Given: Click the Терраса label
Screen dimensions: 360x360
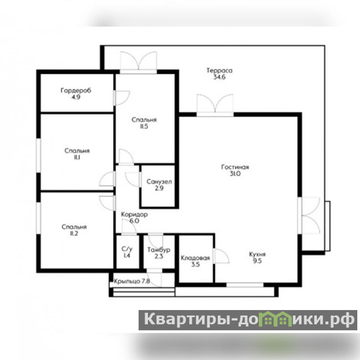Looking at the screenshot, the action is [x=219, y=71].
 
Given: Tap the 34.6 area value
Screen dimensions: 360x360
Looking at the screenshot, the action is [x=220, y=77].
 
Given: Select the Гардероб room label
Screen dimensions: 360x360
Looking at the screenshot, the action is [x=76, y=90].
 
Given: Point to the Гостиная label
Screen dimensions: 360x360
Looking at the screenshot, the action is [x=235, y=167].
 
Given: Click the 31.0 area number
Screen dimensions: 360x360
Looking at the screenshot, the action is [x=235, y=174].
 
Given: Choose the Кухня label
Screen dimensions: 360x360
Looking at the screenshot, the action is [x=257, y=254].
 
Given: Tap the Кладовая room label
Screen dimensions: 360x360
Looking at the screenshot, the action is [x=195, y=258].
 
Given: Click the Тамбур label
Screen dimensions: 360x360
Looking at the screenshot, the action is [x=159, y=250].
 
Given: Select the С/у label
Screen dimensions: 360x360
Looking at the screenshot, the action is [x=127, y=249].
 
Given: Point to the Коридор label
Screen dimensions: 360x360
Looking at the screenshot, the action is [x=134, y=215].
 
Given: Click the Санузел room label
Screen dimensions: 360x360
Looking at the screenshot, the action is [x=159, y=182].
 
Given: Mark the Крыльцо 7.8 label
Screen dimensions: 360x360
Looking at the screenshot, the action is [x=132, y=281].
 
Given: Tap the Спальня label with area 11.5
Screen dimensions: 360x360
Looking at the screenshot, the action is [x=144, y=120].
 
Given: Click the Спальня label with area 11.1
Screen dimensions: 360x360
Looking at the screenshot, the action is [x=77, y=151].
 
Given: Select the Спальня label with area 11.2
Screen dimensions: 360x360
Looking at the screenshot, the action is [x=74, y=227].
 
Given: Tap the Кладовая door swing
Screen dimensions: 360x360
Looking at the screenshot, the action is [x=222, y=256].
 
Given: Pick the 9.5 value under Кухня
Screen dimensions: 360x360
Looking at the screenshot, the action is [x=257, y=261].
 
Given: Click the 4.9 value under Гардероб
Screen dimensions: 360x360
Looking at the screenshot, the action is [x=76, y=97].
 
